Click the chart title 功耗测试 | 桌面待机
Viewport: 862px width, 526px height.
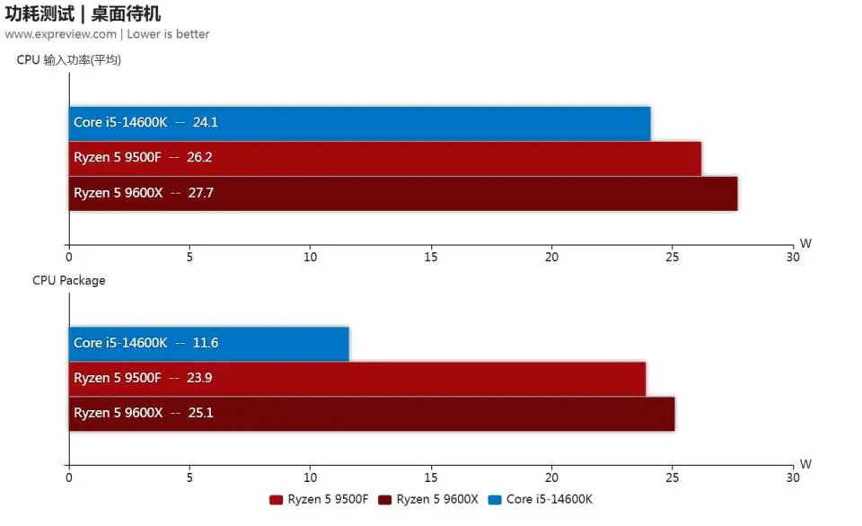click(83, 13)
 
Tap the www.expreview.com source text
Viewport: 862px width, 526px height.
click(60, 34)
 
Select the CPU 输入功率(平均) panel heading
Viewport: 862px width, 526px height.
click(68, 60)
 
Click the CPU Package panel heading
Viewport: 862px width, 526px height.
click(68, 280)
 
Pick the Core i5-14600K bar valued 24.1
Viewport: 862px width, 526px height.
click(359, 123)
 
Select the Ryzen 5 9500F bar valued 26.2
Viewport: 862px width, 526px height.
click(384, 158)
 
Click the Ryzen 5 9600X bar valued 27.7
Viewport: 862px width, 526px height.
click(402, 193)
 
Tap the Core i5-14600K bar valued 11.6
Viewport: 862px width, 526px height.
click(208, 343)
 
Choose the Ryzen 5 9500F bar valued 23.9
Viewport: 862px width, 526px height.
click(356, 378)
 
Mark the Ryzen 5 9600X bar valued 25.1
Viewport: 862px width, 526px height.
click(371, 413)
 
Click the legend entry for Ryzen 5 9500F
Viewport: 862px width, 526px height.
click(320, 499)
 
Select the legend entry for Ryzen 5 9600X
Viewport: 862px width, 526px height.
click(428, 499)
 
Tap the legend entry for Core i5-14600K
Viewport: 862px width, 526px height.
click(541, 499)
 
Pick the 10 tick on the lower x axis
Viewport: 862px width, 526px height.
click(311, 478)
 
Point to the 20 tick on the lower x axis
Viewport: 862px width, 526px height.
click(551, 478)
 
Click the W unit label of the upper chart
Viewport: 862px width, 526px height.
click(805, 243)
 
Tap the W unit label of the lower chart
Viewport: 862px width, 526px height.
click(805, 464)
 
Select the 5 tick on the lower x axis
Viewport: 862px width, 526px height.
click(189, 478)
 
